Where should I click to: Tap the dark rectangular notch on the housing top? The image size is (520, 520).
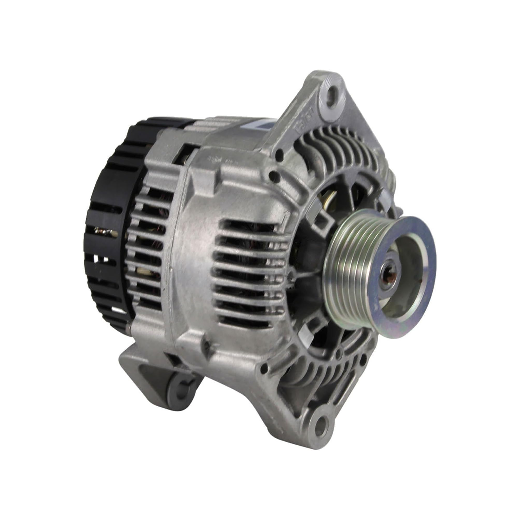tap(186, 153)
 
